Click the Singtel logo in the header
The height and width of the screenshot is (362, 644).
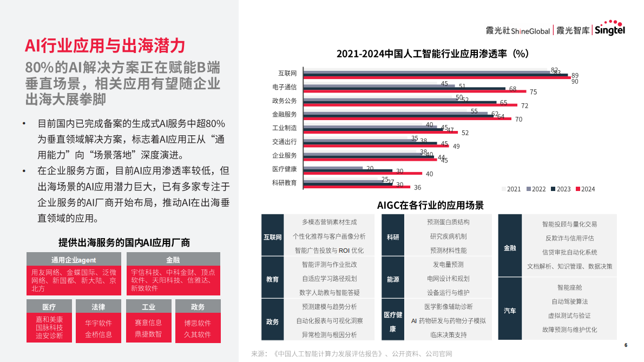click(610, 30)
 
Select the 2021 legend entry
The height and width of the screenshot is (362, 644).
click(511, 189)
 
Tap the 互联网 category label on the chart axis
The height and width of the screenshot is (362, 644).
click(287, 73)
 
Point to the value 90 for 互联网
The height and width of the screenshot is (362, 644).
click(575, 82)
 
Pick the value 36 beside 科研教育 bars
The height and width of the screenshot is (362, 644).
click(417, 188)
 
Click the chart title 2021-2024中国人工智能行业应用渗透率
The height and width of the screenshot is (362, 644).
click(432, 54)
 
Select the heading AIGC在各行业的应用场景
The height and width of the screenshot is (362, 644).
click(430, 205)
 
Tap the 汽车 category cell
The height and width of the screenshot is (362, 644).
click(510, 311)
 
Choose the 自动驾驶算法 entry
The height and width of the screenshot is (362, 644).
click(569, 301)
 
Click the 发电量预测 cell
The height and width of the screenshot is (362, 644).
click(448, 265)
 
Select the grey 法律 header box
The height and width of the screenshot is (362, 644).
click(98, 307)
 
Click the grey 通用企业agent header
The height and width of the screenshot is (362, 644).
click(74, 260)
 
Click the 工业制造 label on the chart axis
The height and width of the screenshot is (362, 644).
click(284, 128)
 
